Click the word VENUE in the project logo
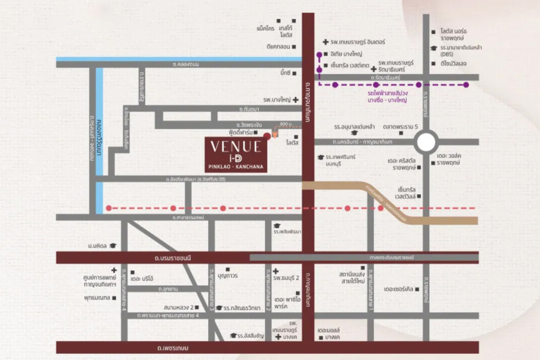click(x=236, y=146)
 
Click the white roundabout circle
click(x=426, y=142)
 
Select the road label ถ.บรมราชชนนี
click(x=172, y=257)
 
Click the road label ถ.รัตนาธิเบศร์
click(x=385, y=77)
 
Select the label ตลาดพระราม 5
click(x=400, y=127)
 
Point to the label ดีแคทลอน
click(x=279, y=46)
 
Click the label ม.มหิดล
click(x=98, y=246)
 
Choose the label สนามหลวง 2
click(x=179, y=306)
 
